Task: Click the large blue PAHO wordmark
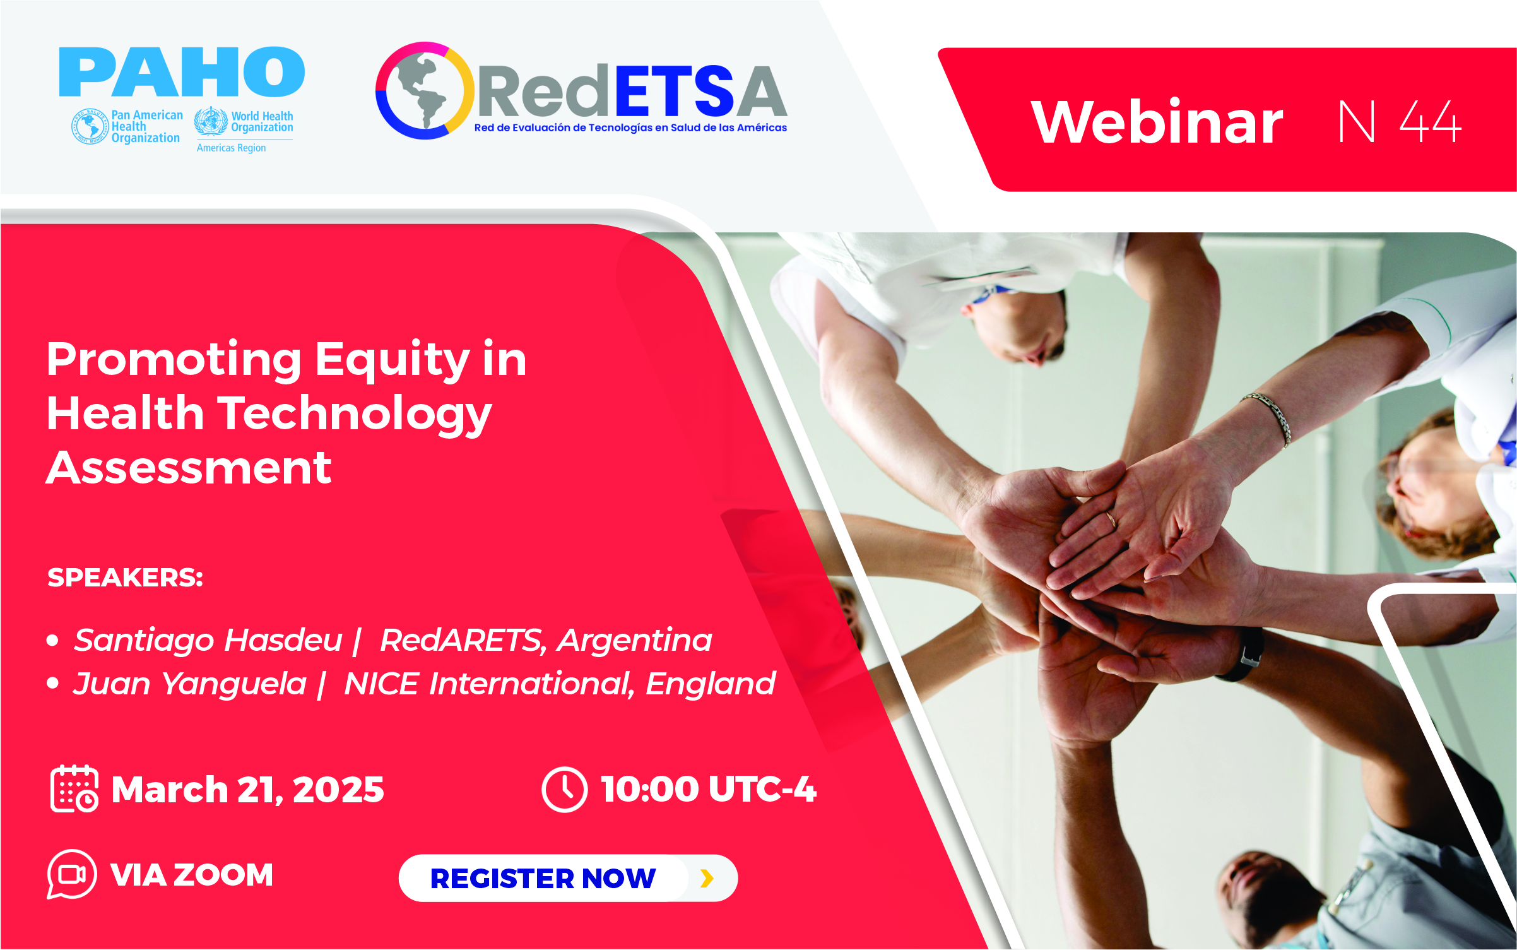click(182, 71)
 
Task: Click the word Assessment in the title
click(189, 468)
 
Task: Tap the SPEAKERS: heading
click(125, 578)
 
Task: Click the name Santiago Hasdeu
click(208, 640)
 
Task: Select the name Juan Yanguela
click(190, 684)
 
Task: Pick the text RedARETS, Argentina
click(546, 640)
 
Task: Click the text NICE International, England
click(560, 684)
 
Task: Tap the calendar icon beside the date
click(74, 788)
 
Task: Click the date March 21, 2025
click(247, 790)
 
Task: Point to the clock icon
click(565, 789)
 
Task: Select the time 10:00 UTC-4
click(709, 789)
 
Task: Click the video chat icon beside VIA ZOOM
click(71, 874)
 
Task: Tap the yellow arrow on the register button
click(707, 878)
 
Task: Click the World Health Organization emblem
click(211, 121)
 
